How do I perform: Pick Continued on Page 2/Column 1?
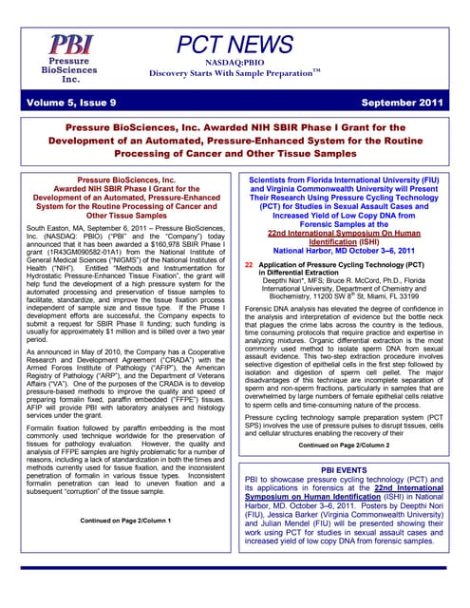tap(122, 522)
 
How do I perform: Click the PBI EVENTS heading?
tap(348, 469)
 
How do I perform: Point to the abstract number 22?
tap(249, 239)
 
